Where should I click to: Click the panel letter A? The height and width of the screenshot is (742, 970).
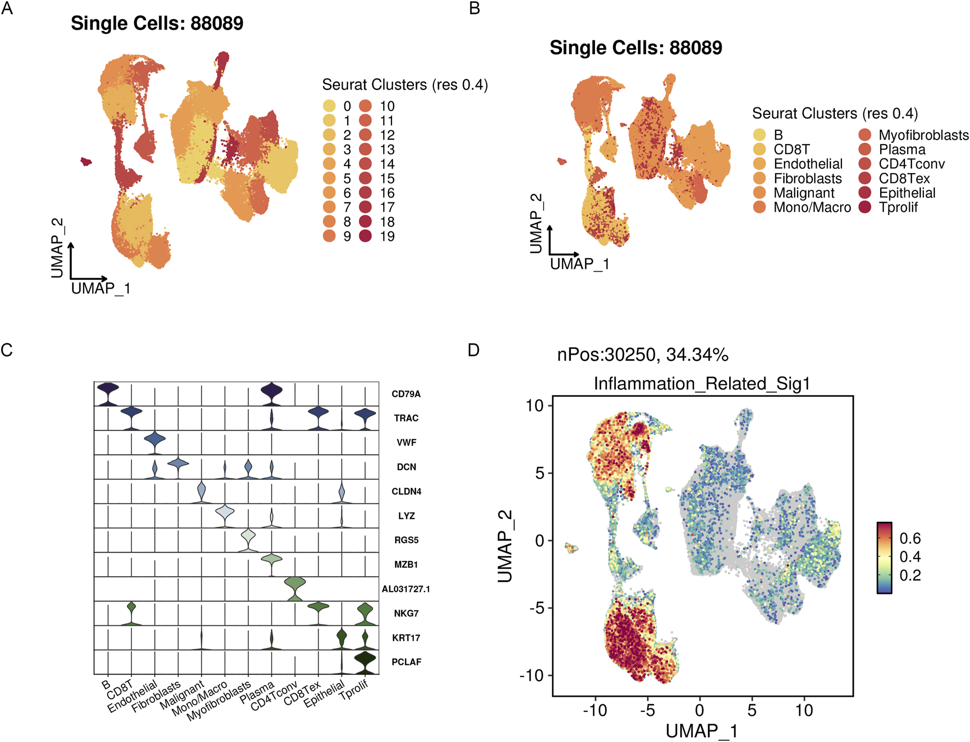pos(7,8)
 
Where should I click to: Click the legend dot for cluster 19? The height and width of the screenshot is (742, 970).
pos(366,236)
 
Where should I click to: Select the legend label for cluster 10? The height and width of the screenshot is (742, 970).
pos(387,106)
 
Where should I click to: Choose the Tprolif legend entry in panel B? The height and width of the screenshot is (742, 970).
pos(898,208)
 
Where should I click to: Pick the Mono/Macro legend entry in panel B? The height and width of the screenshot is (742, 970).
pos(812,208)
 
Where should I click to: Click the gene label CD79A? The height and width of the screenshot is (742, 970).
pos(406,394)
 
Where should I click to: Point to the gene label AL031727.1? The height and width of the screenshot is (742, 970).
pos(406,589)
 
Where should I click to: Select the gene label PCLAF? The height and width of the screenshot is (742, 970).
pos(406,662)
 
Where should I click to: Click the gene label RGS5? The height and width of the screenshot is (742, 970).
pos(406,540)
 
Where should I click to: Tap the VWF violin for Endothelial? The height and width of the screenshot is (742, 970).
pos(155,439)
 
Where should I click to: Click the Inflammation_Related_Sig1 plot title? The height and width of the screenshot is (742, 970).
pos(701,384)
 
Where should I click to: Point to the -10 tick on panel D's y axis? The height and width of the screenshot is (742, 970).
pos(531,675)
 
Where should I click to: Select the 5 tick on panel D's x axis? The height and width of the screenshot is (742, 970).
pos(752,710)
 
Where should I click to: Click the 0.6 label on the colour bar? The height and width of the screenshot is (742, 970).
pos(910,538)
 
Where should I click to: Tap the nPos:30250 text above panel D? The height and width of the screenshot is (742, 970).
pos(642,355)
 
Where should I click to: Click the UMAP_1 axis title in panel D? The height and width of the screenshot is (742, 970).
pos(701,731)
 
